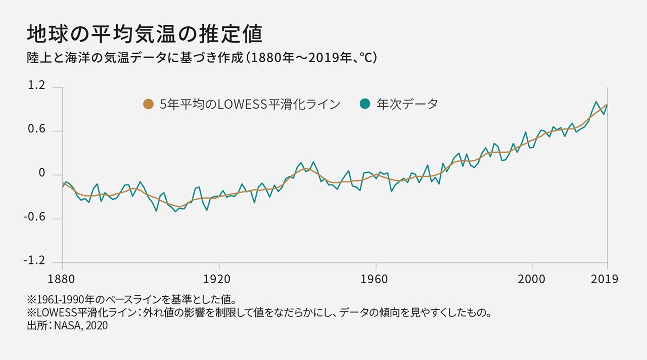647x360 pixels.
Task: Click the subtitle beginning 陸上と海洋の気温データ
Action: (x=202, y=58)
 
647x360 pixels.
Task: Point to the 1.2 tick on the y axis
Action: (x=36, y=87)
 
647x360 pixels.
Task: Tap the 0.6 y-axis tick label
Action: (x=36, y=130)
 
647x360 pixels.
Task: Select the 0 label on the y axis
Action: (x=42, y=174)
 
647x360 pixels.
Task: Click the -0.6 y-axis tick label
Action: (x=34, y=217)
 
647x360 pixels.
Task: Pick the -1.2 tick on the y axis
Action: (x=34, y=261)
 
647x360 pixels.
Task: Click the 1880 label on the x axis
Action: (x=62, y=280)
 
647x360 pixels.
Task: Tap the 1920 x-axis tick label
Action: (x=219, y=280)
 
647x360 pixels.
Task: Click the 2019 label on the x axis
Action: (x=604, y=280)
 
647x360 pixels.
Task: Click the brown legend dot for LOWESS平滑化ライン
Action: (x=148, y=105)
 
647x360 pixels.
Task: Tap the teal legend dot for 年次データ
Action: (x=365, y=104)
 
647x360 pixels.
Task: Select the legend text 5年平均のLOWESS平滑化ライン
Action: (x=250, y=105)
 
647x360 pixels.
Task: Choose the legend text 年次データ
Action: (x=407, y=104)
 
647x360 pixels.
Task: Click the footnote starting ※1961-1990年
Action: (x=132, y=299)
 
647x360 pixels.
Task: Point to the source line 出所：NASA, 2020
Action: (x=67, y=326)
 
